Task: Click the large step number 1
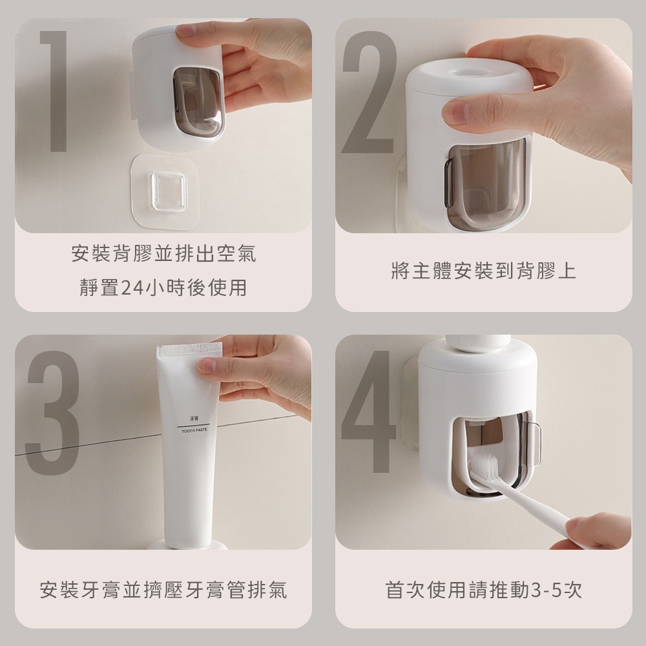coord(56,90)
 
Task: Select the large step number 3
coord(52,413)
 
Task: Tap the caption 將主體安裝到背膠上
coord(483,271)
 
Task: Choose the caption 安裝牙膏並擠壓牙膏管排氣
coord(163,590)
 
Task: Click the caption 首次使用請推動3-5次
coord(483,590)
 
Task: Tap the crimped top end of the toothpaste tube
coord(189,350)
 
